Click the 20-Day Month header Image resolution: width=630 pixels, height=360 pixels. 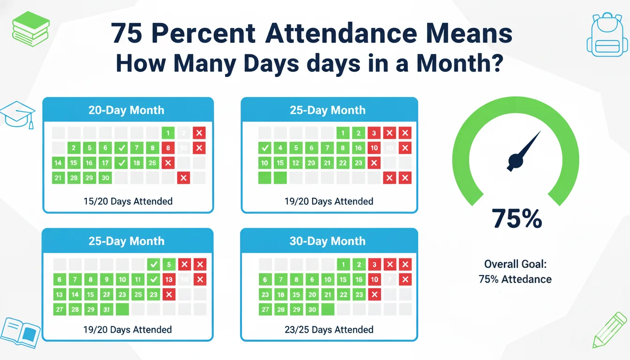pos(127,110)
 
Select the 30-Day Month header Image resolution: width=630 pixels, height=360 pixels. pos(328,241)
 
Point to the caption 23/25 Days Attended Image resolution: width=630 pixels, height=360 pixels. pos(329,330)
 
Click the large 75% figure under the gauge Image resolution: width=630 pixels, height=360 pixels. pos(517,218)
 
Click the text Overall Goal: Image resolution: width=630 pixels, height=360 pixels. pos(515,264)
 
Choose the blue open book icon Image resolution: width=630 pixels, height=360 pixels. pos(19,330)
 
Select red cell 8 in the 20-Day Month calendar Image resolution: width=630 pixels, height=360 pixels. pos(168,148)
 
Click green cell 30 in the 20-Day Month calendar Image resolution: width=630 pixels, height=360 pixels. pos(105,178)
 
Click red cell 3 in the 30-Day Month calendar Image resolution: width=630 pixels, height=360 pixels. pos(374,264)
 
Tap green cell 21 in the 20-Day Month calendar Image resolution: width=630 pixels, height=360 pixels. pos(59,178)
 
